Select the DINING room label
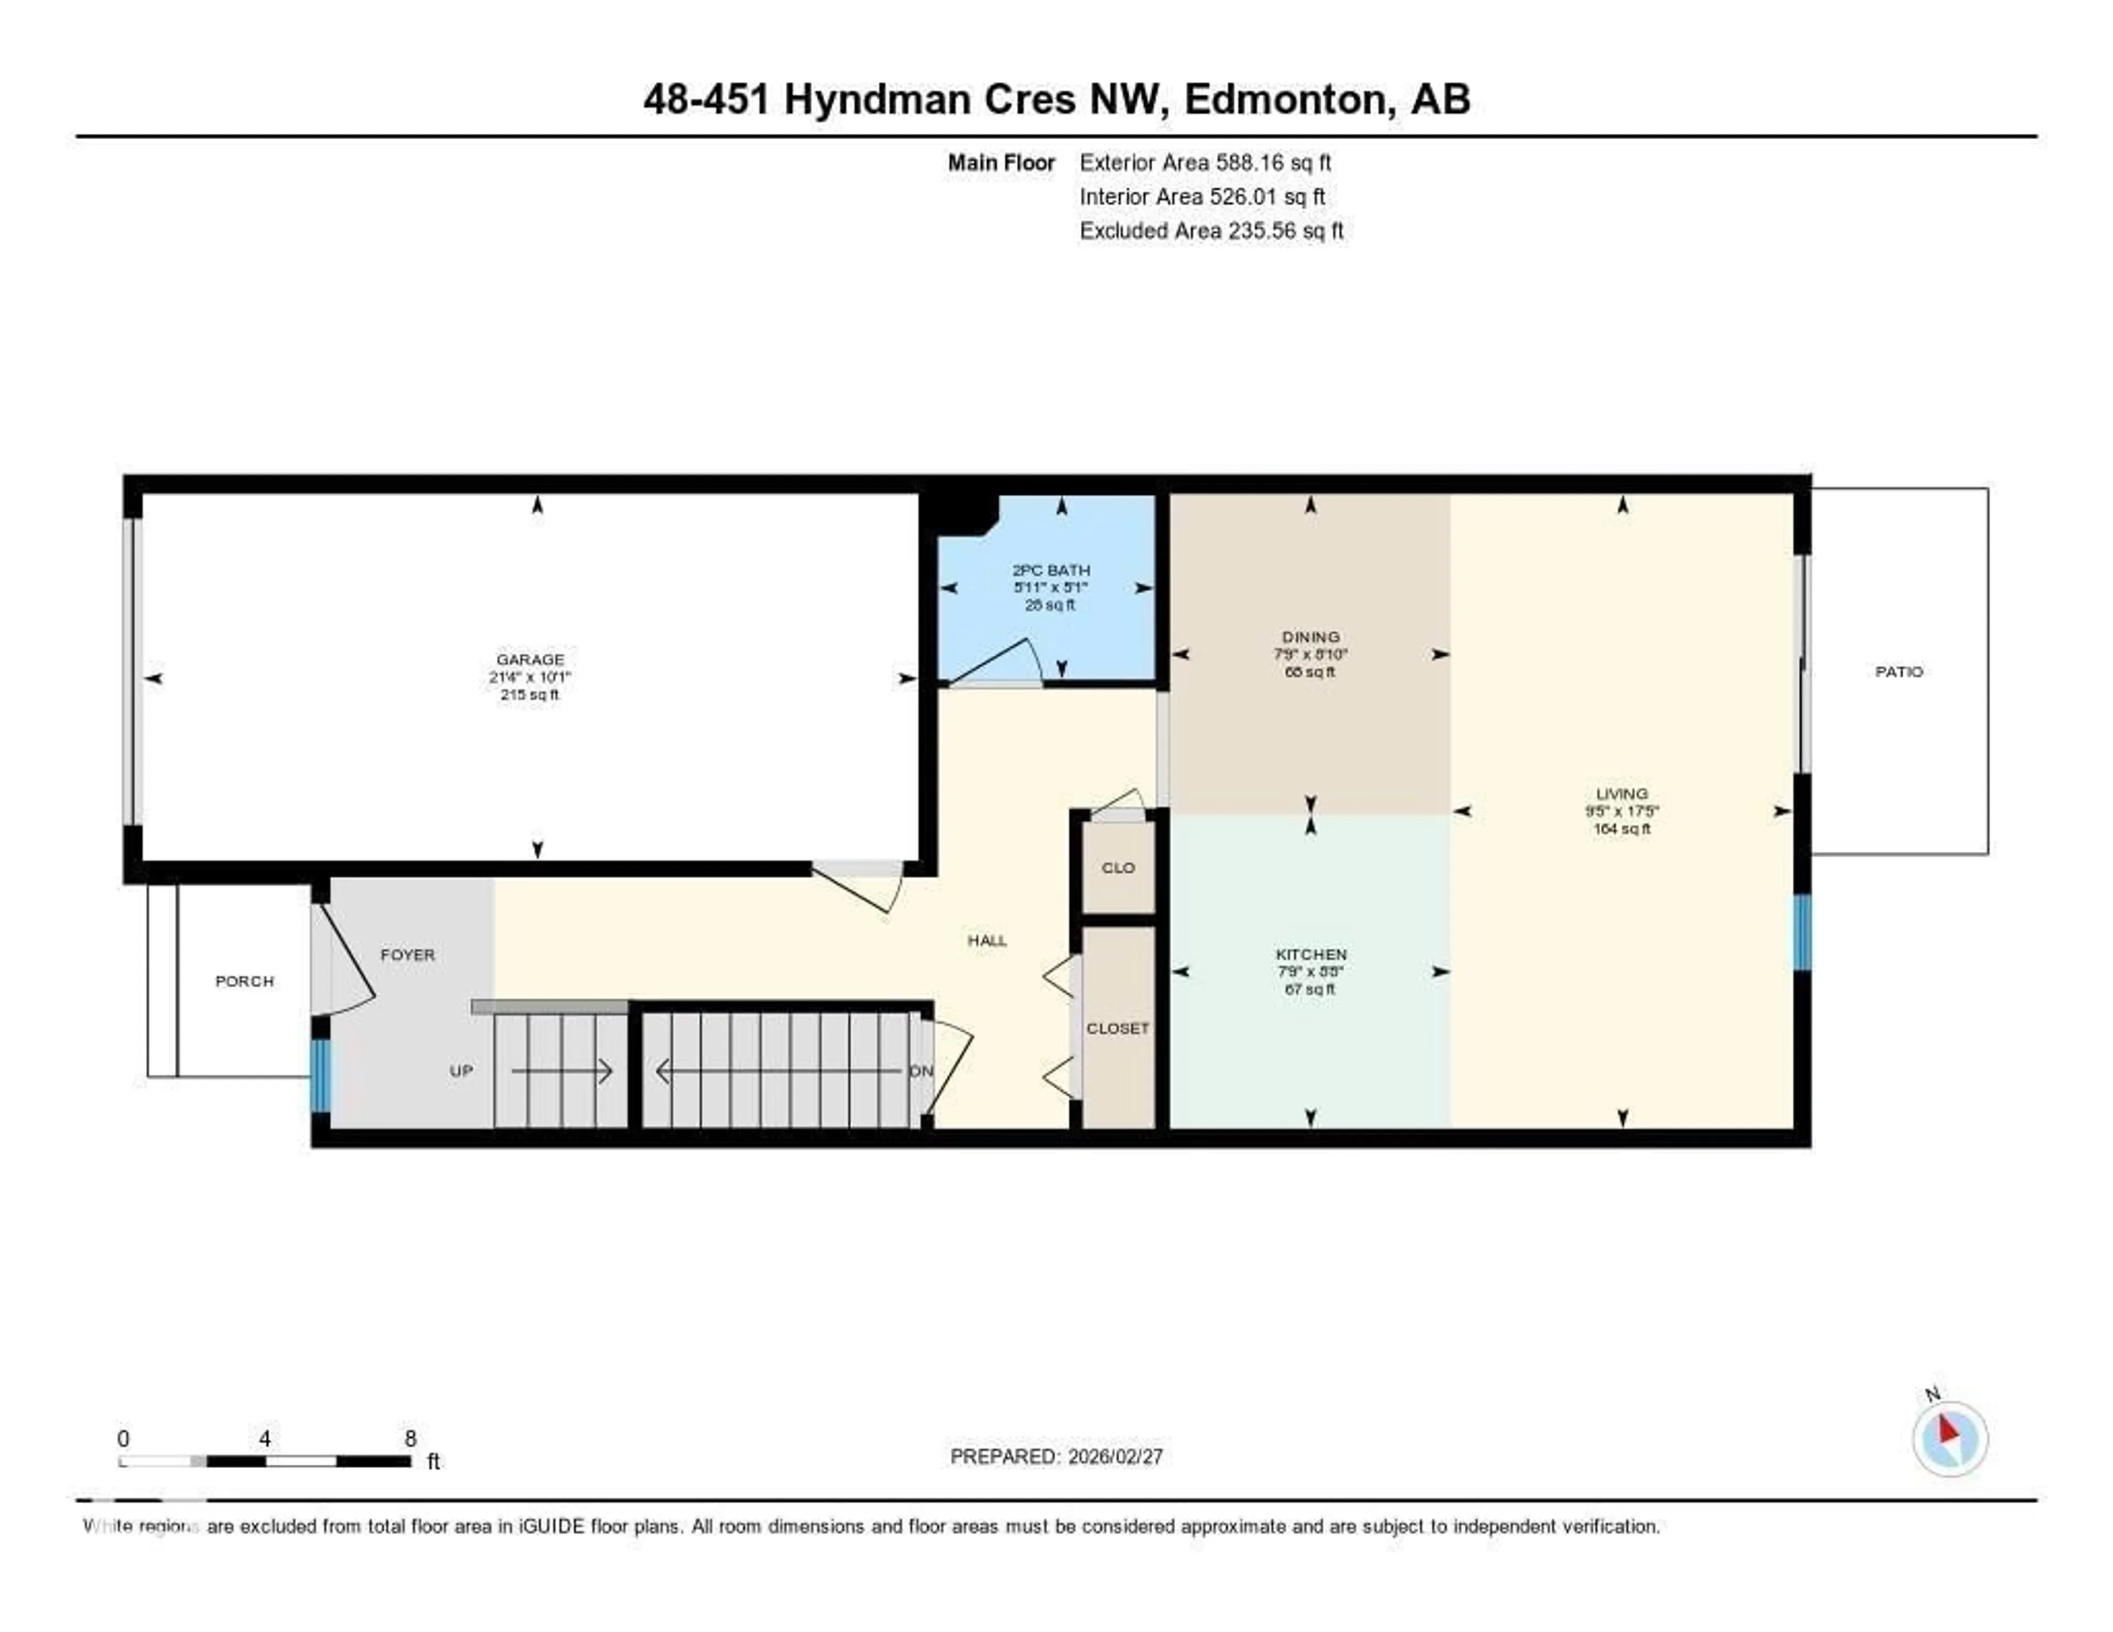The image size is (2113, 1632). coord(1311,637)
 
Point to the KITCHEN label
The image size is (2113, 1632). coord(1311,954)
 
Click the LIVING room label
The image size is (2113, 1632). coord(1622,793)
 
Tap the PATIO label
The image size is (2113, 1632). coord(1898,671)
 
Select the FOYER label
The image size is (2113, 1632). coord(407,955)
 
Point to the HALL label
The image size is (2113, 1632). coord(987,940)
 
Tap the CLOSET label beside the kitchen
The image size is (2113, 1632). coord(1118,1028)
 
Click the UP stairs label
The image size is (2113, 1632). coord(462,1071)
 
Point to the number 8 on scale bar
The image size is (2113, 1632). coord(410,1438)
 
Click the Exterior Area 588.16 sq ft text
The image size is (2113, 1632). coord(1205,162)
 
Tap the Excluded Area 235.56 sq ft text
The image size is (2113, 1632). coord(1211,230)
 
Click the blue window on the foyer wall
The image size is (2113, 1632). coord(320,1076)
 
